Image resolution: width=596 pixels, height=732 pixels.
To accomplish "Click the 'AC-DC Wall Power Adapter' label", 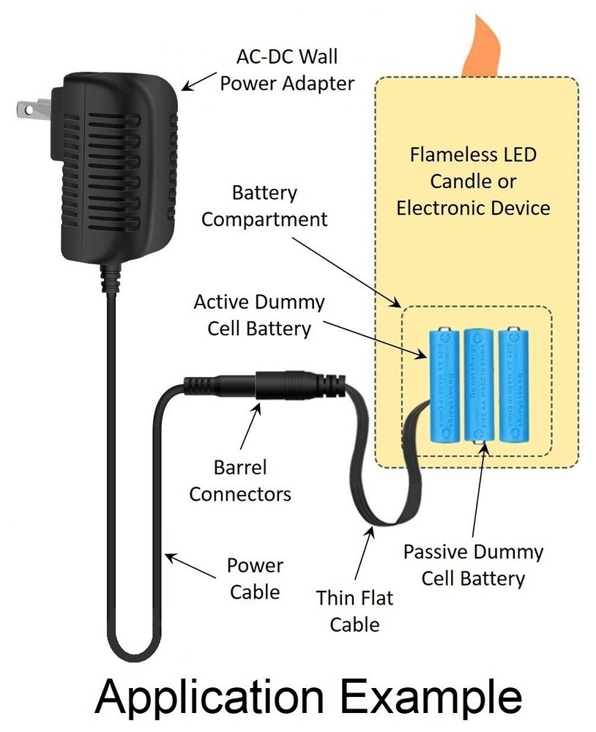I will tap(286, 70).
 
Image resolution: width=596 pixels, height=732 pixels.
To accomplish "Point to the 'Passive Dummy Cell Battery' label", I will tap(473, 564).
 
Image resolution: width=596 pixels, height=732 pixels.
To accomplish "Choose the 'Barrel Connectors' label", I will tap(240, 480).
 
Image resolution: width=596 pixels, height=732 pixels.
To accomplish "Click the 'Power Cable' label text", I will tap(255, 578).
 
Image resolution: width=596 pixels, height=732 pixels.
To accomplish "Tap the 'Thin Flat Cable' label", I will tap(354, 611).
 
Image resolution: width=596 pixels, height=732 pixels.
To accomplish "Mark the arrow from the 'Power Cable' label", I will tap(192, 566).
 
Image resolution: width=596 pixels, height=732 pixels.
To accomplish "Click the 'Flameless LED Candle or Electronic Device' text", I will tap(473, 181).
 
